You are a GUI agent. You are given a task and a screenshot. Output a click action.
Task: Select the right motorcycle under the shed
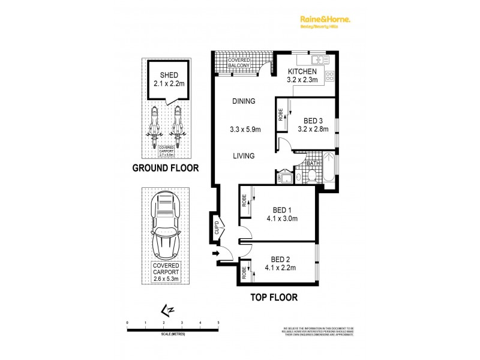tap(178, 122)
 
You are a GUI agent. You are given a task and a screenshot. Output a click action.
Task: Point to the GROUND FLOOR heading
tap(165, 168)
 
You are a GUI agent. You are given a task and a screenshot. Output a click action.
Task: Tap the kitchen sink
tap(317, 59)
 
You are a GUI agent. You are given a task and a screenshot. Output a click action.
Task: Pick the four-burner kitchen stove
tap(329, 77)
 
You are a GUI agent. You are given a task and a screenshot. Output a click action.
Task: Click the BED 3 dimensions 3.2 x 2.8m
tap(313, 127)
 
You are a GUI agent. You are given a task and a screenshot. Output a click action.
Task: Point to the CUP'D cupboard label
tap(217, 227)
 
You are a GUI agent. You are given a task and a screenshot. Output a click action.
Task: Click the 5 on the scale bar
tap(218, 323)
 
